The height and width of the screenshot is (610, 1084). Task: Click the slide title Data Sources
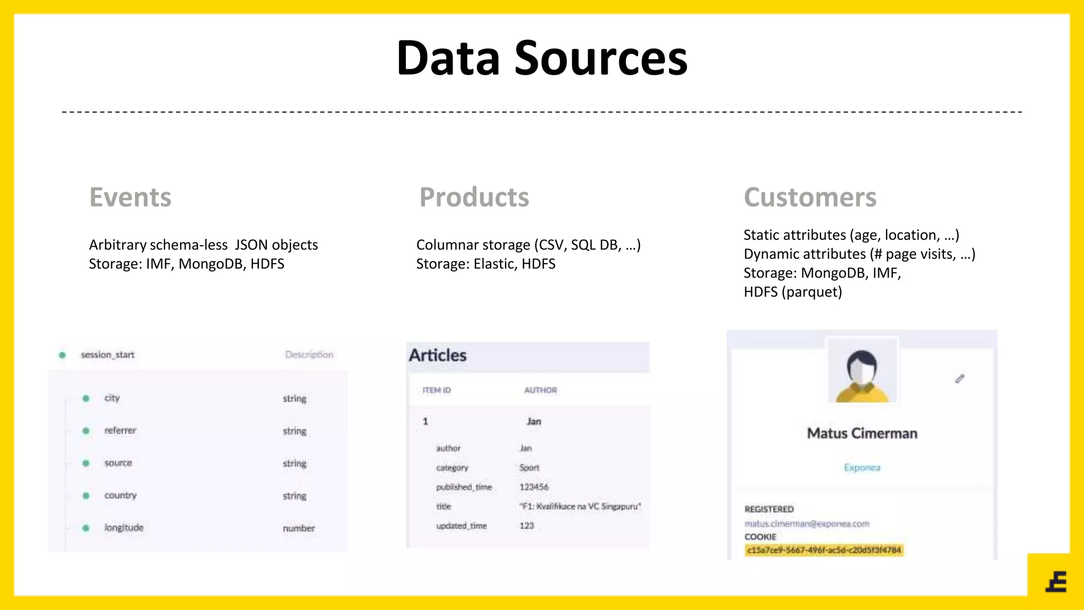click(x=541, y=58)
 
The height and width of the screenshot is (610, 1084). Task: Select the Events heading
click(x=130, y=198)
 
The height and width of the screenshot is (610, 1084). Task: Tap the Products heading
click(x=474, y=198)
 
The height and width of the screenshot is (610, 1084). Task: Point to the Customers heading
click(x=810, y=198)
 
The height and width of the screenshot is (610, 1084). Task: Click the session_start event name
click(x=107, y=355)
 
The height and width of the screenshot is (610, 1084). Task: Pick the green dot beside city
click(x=86, y=398)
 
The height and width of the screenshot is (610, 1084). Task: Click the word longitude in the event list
click(x=124, y=528)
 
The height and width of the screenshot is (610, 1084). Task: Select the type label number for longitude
click(x=299, y=528)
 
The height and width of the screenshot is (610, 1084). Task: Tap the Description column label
click(x=309, y=355)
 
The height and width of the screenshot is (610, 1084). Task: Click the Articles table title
click(x=438, y=355)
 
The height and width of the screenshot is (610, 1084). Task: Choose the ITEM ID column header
click(x=437, y=390)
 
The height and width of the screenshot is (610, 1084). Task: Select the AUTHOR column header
click(x=540, y=390)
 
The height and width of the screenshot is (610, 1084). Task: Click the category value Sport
click(x=529, y=468)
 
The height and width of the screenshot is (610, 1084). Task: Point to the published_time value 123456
click(x=534, y=487)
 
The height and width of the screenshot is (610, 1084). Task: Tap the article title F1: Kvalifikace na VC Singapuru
click(x=580, y=507)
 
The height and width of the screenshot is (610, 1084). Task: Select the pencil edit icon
click(x=960, y=379)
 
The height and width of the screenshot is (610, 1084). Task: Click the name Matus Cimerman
click(x=862, y=433)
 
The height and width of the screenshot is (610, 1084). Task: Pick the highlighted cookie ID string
click(x=824, y=551)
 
